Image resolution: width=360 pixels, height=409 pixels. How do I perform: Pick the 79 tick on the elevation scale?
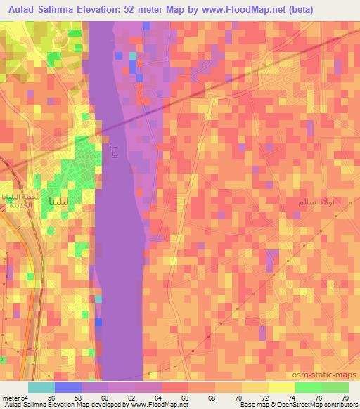click(345, 398)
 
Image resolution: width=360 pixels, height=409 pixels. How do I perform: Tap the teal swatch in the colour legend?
click(41, 387)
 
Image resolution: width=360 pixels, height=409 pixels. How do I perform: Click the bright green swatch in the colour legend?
click(309, 387)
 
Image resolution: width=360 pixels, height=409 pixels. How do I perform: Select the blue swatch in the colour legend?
click(68, 387)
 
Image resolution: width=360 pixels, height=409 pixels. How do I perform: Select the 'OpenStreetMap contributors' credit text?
click(309, 405)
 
